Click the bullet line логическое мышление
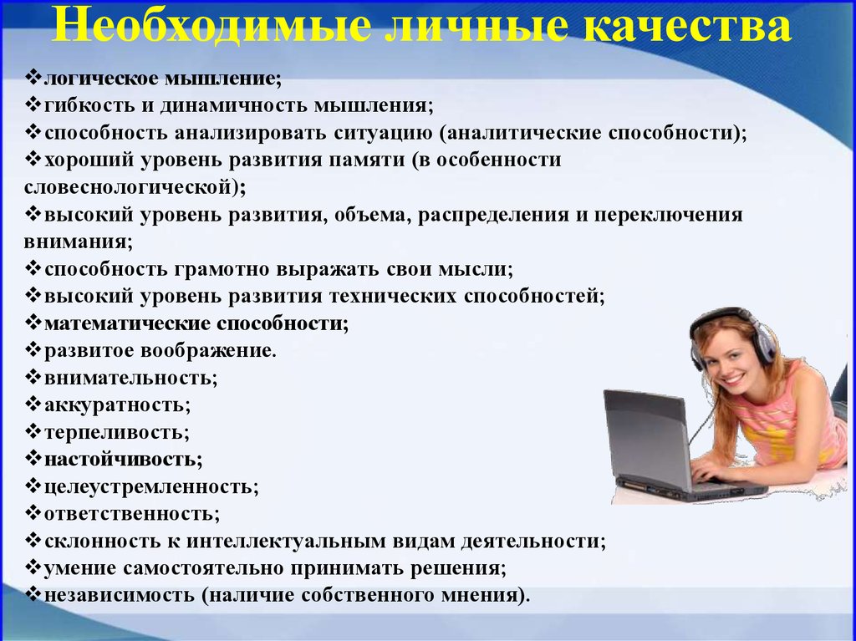163,79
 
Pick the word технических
393,296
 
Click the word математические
127,323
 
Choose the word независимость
119,594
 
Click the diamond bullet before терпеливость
33,432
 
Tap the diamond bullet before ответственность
33,513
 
